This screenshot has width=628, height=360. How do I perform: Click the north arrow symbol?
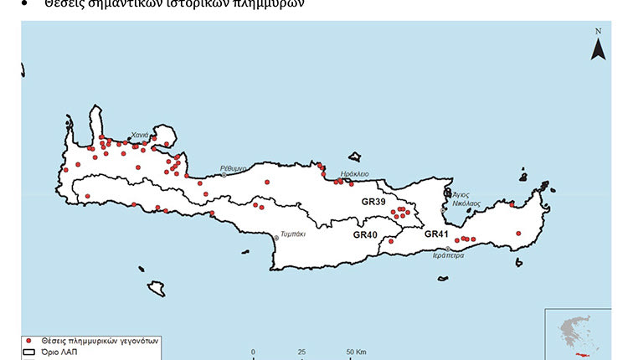click(x=598, y=46)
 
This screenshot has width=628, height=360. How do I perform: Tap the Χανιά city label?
click(x=140, y=135)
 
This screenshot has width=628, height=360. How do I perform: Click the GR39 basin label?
click(x=373, y=203)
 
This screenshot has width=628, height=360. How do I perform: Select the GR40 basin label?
click(x=366, y=235)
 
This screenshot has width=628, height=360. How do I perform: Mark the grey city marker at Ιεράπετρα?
click(x=448, y=249)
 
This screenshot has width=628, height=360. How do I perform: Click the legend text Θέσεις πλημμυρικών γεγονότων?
click(x=97, y=342)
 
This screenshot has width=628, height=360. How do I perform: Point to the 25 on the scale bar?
click(x=301, y=352)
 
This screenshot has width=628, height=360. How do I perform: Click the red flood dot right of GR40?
click(x=391, y=241)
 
